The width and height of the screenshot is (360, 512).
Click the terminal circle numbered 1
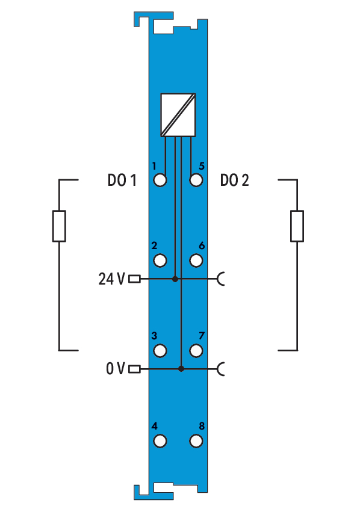[160, 180]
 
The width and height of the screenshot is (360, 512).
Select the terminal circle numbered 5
[196, 180]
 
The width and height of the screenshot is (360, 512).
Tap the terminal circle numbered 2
[160, 261]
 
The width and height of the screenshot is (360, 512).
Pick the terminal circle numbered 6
[196, 261]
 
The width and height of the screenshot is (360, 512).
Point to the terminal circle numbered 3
[160, 351]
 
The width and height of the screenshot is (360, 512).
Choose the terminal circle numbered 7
[196, 351]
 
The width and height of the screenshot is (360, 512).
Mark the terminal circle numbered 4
[160, 441]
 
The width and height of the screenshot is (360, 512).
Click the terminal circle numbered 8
[196, 441]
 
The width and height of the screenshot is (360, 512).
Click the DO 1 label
[122, 180]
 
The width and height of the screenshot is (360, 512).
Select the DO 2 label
[235, 180]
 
